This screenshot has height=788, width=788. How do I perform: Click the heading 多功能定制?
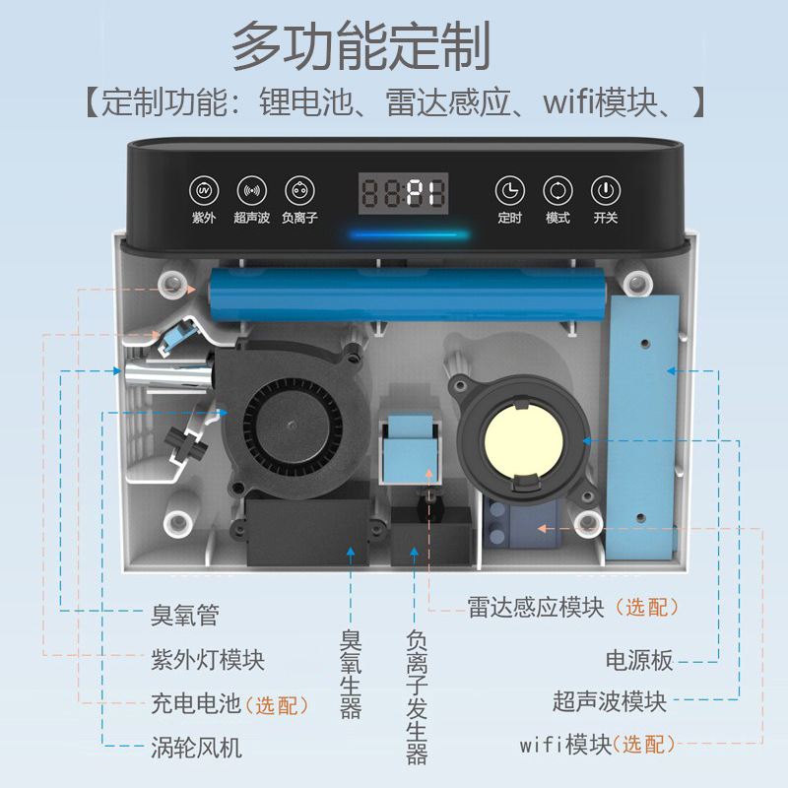click(x=361, y=47)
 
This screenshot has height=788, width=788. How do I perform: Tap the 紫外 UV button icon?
click(x=204, y=189)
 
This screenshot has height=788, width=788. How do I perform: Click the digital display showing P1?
click(x=402, y=191)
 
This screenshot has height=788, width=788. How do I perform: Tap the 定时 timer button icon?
click(x=509, y=189)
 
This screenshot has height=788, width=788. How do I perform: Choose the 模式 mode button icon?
click(x=558, y=189)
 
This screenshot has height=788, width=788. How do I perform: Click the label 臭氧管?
click(x=185, y=617)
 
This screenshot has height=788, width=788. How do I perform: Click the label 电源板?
click(x=638, y=658)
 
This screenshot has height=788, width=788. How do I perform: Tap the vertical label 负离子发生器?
click(x=417, y=697)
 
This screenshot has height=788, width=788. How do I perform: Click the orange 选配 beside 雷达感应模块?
click(x=646, y=608)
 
